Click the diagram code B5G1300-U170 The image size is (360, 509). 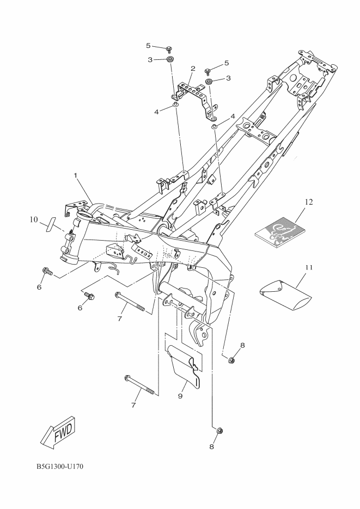point(60,467)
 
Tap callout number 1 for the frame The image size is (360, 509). point(77,175)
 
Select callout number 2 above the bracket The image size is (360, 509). point(193,69)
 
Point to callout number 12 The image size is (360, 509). point(309,202)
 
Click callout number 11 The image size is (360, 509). point(309,267)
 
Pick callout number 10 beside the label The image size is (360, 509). point(34,220)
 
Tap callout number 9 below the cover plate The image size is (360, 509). point(180,396)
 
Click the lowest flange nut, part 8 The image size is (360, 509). point(218,431)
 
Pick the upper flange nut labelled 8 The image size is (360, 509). point(231,359)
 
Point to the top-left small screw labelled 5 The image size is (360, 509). point(169,49)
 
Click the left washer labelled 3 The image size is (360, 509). point(170,59)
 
